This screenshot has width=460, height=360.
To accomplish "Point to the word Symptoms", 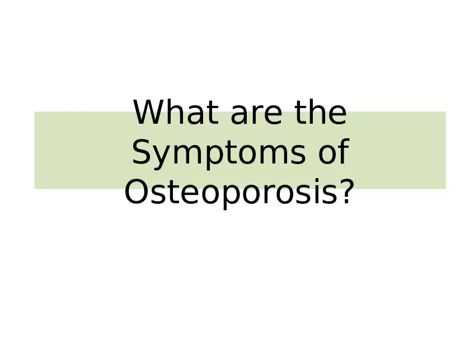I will pos(218,153).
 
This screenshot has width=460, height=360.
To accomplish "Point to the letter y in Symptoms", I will pos(162,157).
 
